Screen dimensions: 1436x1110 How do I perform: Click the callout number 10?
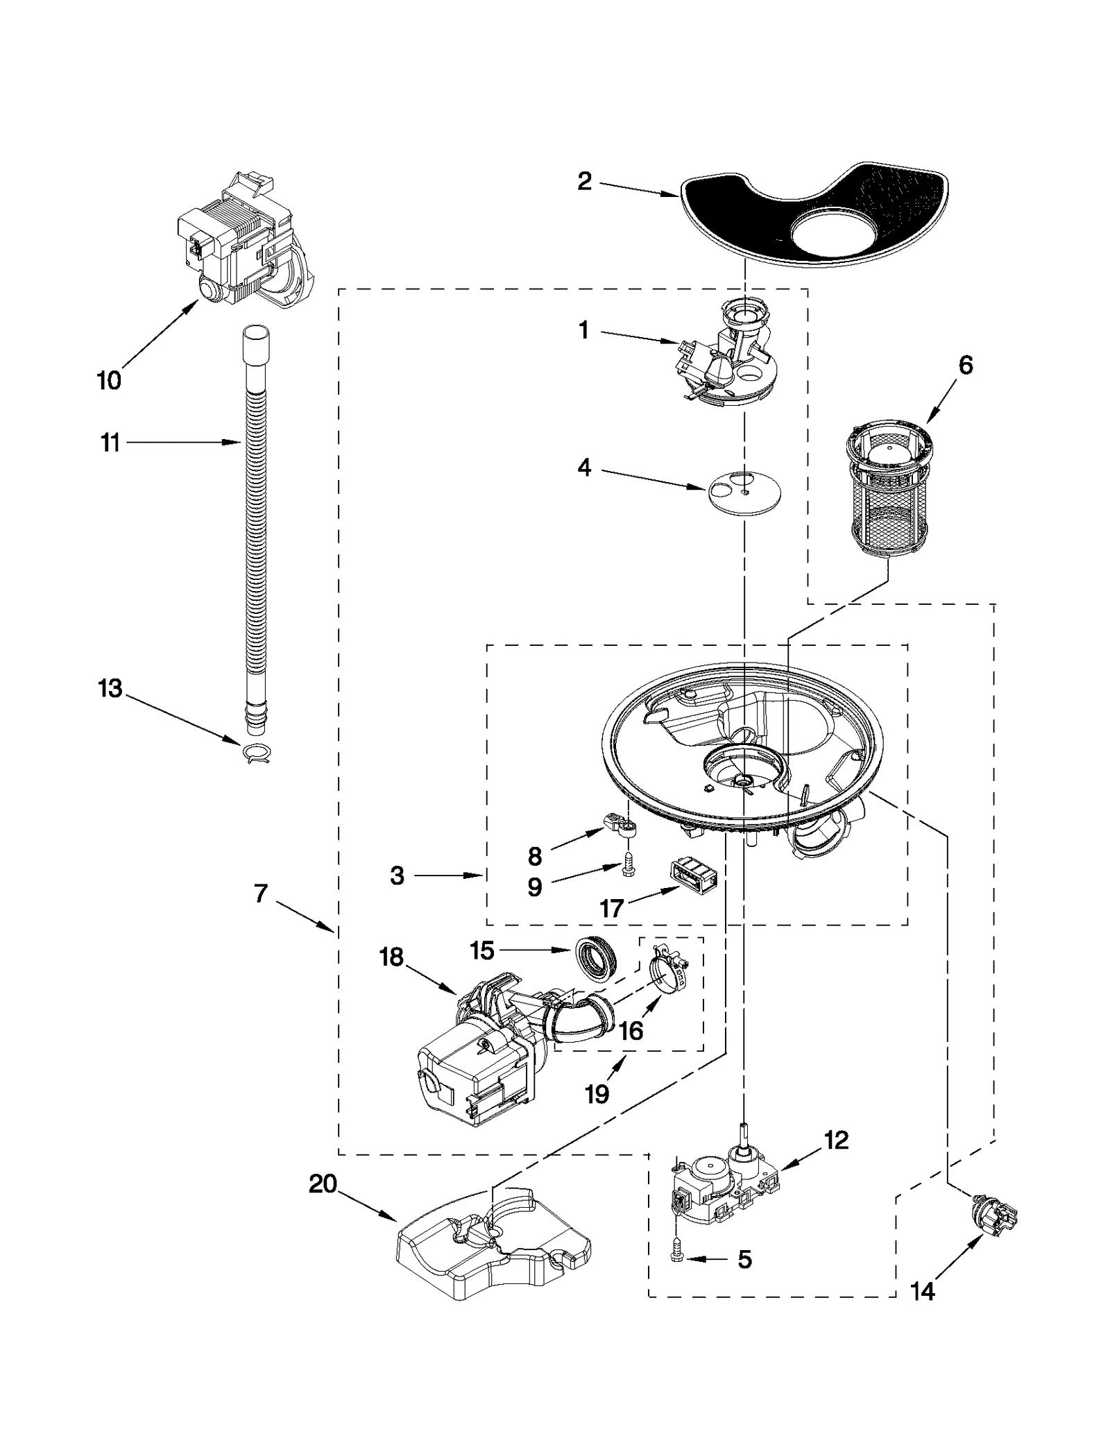[109, 380]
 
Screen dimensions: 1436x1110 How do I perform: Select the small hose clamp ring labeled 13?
[257, 751]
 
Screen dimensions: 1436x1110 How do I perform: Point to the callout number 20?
[323, 1183]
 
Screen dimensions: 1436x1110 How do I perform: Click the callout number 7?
[261, 894]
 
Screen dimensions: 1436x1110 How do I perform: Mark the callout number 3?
[397, 875]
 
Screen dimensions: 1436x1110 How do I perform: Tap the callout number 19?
[596, 1094]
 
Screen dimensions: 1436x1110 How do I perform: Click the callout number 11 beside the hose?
[110, 443]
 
